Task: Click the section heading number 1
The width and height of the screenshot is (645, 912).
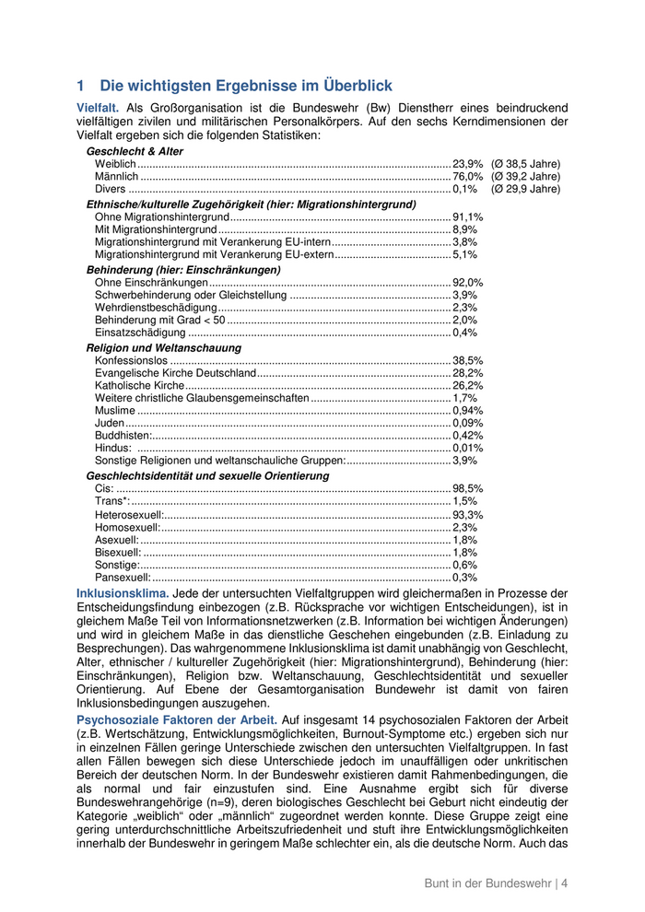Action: point(81,86)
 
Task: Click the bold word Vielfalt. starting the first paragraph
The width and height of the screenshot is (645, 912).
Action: point(98,109)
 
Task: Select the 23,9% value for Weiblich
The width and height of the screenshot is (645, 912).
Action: point(467,164)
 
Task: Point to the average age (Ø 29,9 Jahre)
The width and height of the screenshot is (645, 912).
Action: point(525,189)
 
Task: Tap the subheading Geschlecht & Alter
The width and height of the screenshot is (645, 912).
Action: point(135,151)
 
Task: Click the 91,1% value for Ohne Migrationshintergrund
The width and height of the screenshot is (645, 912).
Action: point(467,217)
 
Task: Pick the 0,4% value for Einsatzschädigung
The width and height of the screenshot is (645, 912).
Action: point(464,333)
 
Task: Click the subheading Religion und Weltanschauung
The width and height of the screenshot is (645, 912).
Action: point(164,348)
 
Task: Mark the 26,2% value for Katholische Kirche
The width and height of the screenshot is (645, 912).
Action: point(467,386)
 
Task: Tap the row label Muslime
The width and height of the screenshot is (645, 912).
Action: point(114,411)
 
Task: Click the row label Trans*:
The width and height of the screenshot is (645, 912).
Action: point(112,501)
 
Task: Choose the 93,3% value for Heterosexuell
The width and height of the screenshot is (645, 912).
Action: point(467,515)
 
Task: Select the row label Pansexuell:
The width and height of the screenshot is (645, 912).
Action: point(123,578)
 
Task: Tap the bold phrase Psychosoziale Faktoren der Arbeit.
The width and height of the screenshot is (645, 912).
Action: point(176,719)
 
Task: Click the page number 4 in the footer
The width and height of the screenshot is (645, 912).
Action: point(564,883)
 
